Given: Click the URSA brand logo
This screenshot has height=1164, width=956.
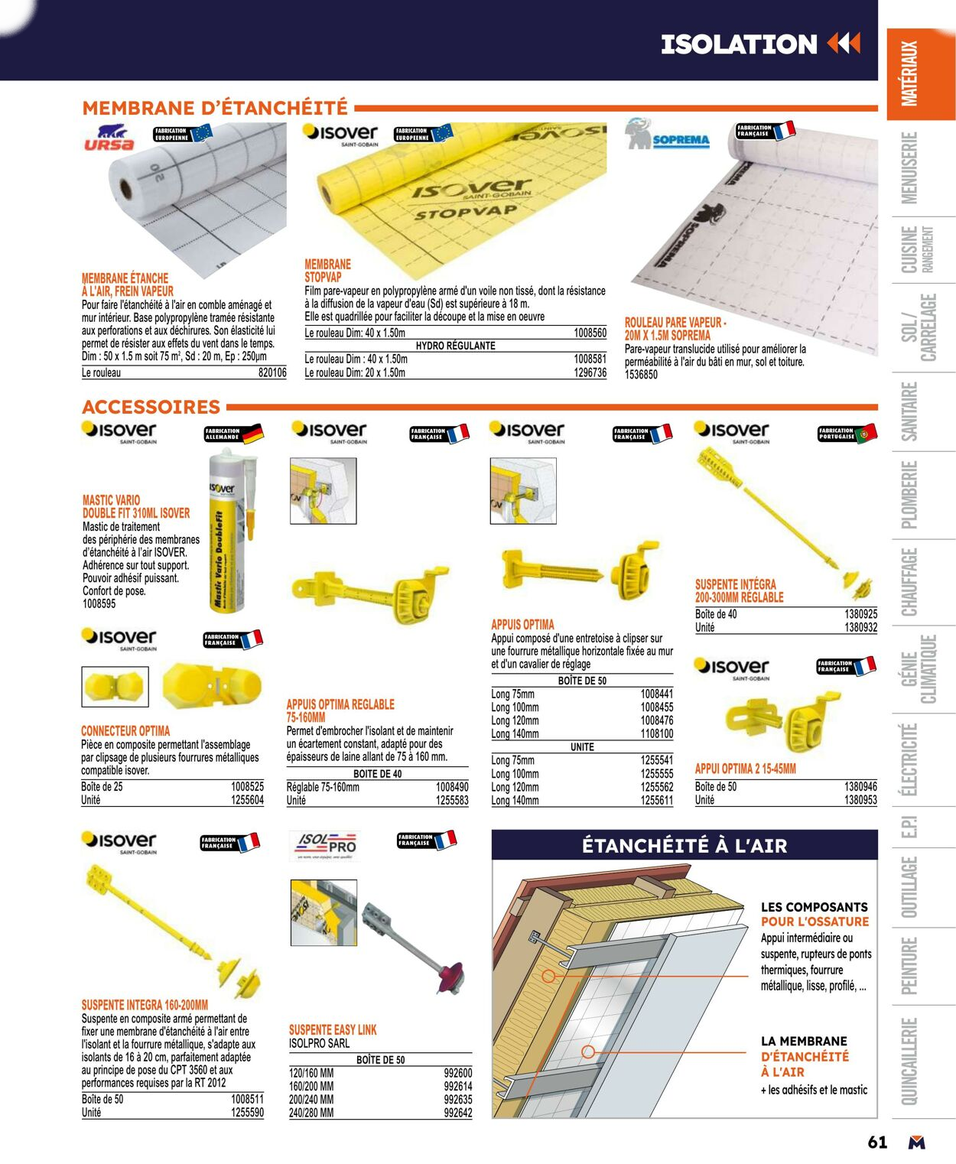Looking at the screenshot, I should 109,138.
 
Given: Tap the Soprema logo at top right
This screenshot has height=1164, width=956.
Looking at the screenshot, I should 668,136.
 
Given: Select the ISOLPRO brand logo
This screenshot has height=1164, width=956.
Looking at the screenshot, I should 326,844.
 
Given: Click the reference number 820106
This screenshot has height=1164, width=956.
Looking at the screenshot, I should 272,373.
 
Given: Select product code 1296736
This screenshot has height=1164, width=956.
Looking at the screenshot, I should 590,373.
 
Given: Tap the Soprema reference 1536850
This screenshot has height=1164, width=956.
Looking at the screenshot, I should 641,375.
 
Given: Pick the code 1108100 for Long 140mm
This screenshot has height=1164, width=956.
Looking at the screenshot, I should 656,734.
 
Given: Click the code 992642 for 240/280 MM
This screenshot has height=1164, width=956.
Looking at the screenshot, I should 458,1113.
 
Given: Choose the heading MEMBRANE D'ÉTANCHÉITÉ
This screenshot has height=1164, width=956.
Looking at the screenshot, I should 215,108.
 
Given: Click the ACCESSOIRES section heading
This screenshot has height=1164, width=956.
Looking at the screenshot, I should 151,407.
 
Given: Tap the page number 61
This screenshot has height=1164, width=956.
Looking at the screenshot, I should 877,1142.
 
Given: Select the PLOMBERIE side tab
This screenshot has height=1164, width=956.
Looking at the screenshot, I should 909,495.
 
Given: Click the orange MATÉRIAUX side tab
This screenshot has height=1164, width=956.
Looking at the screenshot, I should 909,74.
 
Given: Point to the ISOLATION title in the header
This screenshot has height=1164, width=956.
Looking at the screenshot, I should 739,44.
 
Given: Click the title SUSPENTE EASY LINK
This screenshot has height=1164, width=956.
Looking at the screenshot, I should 333,1030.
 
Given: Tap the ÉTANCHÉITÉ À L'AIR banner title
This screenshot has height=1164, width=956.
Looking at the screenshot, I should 684,846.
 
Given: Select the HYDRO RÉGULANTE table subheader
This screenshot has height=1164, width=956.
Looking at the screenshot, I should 455,346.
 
